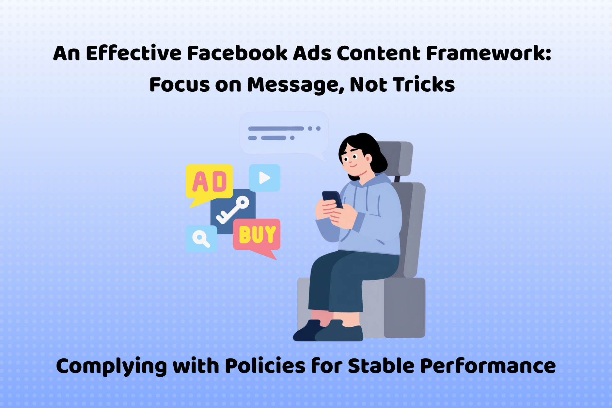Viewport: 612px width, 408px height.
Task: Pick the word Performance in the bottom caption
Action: (488, 366)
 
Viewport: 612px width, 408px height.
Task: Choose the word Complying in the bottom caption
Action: (111, 367)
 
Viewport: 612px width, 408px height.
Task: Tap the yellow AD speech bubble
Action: (209, 182)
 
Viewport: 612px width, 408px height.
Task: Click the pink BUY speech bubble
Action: (257, 235)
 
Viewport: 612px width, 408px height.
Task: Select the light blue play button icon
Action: (264, 178)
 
